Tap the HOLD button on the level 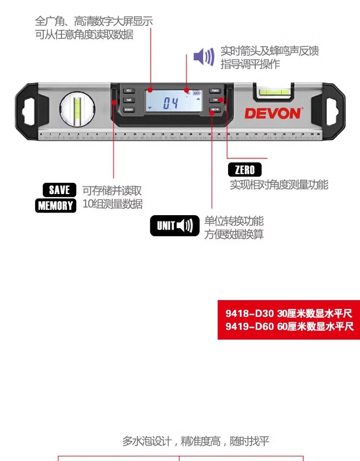pyautogui.click(x=129, y=90)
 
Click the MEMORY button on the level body pyautogui.click(x=129, y=109)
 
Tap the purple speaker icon pyautogui.click(x=204, y=57)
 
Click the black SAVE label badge pyautogui.click(x=60, y=190)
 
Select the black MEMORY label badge pyautogui.click(x=56, y=206)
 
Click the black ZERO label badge pyautogui.click(x=245, y=170)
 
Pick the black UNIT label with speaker pyautogui.click(x=175, y=226)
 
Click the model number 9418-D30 pyautogui.click(x=250, y=314)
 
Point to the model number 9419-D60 pyautogui.click(x=250, y=327)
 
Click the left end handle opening pyautogui.click(x=28, y=107)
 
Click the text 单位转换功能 pyautogui.click(x=234, y=221)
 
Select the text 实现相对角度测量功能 pyautogui.click(x=279, y=185)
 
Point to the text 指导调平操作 pyautogui.click(x=250, y=64)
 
